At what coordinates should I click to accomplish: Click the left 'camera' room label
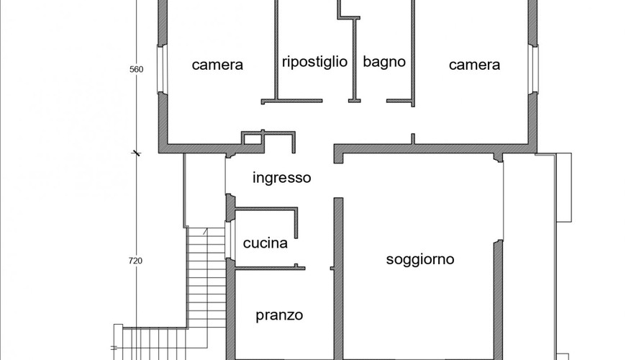point(217,65)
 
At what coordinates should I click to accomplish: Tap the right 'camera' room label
point(474,65)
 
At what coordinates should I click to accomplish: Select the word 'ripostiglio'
point(314,62)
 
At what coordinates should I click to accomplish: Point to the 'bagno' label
point(384,62)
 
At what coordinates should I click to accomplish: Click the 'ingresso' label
point(282,178)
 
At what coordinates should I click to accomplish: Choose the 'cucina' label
point(265,243)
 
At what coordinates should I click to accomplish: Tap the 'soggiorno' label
point(420,260)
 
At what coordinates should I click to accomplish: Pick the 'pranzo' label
point(279,315)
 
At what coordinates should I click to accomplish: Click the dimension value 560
point(136,69)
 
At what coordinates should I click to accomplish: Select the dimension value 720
point(135,261)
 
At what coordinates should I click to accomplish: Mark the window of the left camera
point(161,69)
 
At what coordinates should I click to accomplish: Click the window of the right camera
point(533,69)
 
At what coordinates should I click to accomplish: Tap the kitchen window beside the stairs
point(228,240)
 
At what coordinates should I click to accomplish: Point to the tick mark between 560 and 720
point(137,153)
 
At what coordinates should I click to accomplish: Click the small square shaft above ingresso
point(252,139)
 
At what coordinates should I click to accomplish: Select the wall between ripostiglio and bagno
point(354,60)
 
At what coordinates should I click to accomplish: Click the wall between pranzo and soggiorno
point(338,279)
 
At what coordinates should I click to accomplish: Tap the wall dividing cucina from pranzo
point(270,268)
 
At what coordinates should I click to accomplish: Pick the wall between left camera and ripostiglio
point(276,50)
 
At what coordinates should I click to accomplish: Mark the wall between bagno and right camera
point(413,53)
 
